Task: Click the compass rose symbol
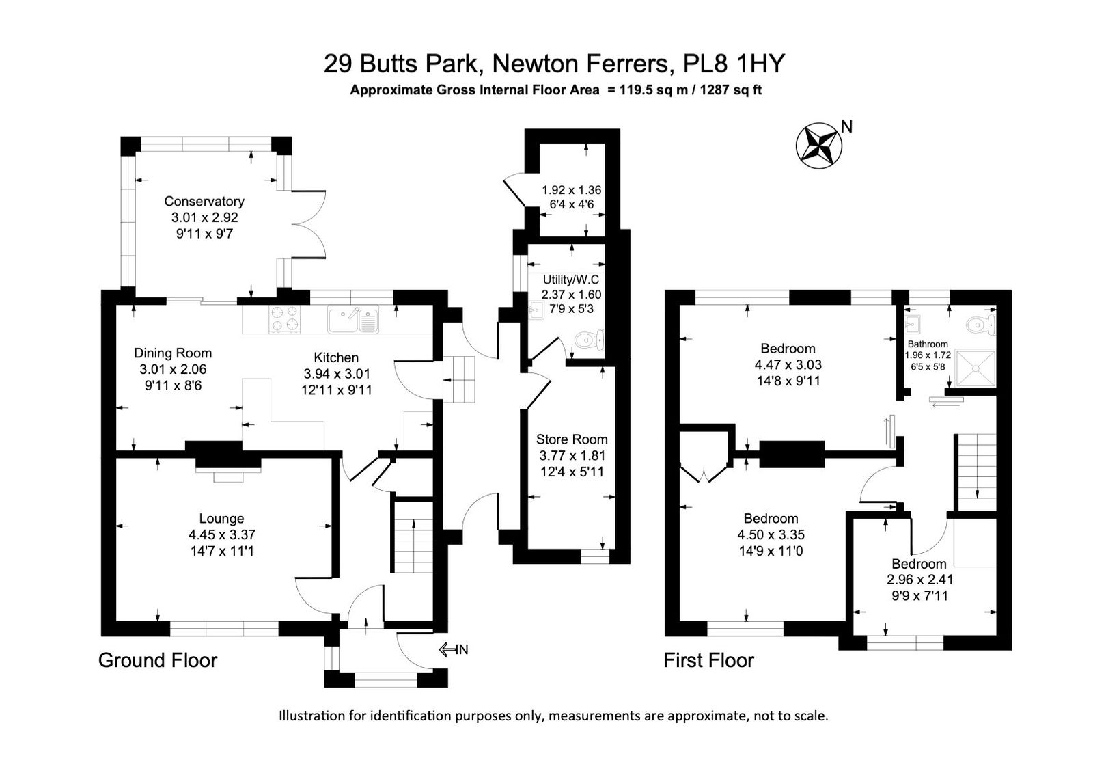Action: (819, 146)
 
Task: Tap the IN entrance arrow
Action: (448, 650)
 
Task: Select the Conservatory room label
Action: (204, 201)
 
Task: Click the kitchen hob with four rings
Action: (284, 318)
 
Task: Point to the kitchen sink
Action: (353, 319)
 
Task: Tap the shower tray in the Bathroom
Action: (975, 367)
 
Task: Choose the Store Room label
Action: (572, 439)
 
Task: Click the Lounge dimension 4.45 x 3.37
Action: (222, 534)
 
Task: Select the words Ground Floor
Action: (158, 660)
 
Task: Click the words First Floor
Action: (708, 660)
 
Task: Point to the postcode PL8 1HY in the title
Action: (734, 64)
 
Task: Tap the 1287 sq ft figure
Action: (731, 90)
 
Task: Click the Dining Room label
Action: (173, 353)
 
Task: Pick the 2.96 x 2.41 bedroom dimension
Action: (919, 580)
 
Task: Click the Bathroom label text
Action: (928, 344)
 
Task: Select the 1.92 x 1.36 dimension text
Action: (571, 190)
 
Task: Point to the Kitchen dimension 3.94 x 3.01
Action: (337, 374)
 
